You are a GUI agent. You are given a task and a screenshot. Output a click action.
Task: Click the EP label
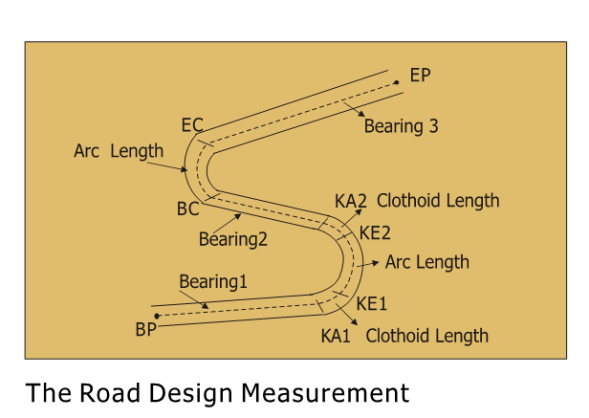420,76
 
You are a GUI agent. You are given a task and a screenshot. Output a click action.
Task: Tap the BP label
146,330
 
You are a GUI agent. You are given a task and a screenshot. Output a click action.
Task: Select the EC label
192,126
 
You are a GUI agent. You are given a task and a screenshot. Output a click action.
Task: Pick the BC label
187,208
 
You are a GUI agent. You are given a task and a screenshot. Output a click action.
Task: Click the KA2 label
351,201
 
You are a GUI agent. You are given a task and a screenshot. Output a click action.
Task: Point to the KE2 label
375,232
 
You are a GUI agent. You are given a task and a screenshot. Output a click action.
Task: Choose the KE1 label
372,303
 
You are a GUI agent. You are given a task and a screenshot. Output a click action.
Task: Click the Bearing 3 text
401,125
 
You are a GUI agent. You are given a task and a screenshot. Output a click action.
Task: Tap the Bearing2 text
233,239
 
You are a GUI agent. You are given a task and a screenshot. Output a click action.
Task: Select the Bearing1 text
213,282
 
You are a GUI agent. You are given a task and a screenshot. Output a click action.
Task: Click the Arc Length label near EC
119,151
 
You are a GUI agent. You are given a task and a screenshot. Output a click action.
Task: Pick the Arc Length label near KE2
427,261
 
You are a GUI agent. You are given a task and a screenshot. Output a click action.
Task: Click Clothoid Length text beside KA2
438,201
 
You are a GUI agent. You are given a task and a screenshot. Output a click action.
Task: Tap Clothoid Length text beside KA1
426,336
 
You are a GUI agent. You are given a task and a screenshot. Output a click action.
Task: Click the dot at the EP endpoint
396,82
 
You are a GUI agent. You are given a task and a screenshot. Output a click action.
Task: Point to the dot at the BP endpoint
157,316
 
